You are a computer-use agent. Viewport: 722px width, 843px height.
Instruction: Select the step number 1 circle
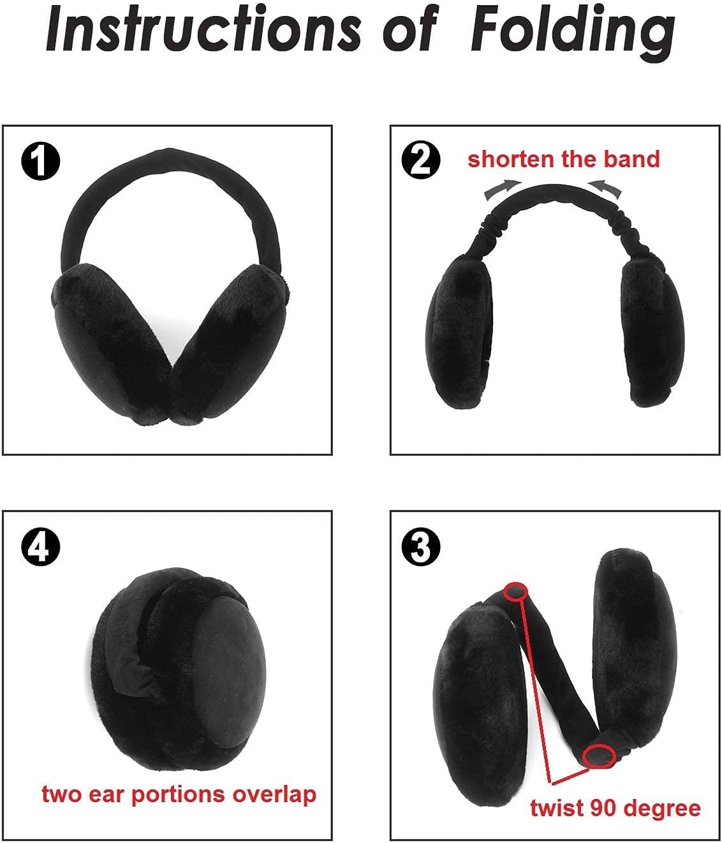[x=40, y=161]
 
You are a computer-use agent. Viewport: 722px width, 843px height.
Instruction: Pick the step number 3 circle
[x=421, y=547]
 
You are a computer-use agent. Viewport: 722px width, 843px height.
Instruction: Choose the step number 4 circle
[x=40, y=547]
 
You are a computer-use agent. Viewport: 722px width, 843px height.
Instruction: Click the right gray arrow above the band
[x=604, y=188]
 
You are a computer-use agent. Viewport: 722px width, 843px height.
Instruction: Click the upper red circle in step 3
[x=516, y=591]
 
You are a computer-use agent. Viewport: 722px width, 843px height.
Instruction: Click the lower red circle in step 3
[x=600, y=756]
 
